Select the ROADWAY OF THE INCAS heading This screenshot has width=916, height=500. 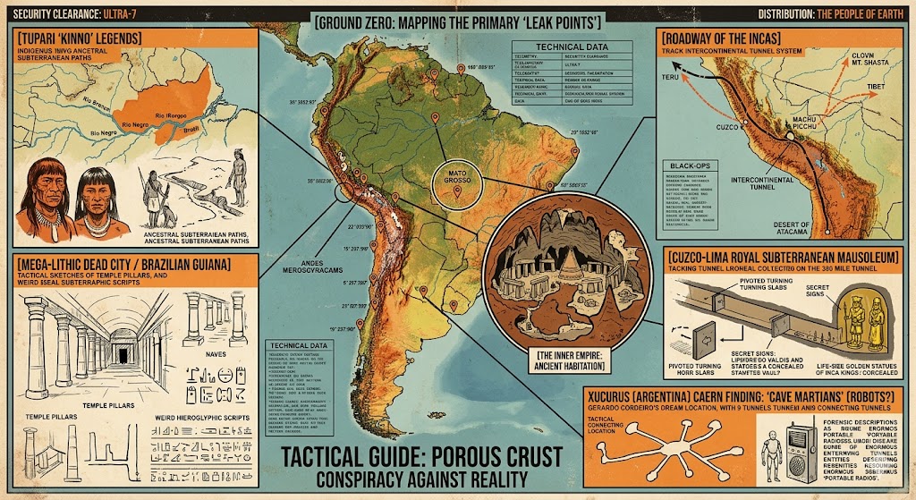719,39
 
